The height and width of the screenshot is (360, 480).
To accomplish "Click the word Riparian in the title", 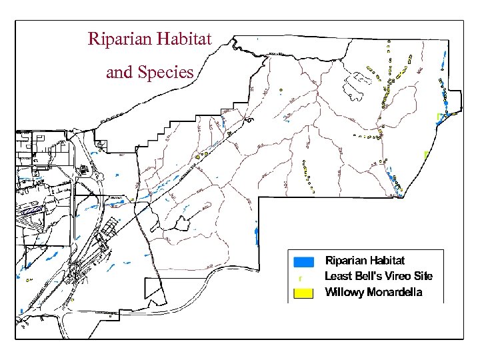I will [119, 39].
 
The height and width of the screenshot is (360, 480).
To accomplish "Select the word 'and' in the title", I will [119, 72].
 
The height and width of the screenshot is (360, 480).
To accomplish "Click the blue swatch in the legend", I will [303, 260].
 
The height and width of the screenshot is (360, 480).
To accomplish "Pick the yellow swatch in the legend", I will [303, 292].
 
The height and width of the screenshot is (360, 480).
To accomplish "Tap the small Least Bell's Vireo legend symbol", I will [301, 277].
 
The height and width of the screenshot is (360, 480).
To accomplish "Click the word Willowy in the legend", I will [343, 292].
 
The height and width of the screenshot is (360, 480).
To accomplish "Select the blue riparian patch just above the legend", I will [257, 234].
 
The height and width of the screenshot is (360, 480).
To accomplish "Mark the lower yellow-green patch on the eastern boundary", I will [426, 154].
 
